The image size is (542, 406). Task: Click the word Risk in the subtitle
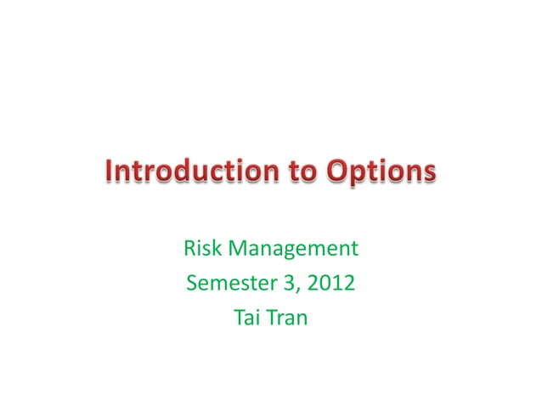click(x=201, y=250)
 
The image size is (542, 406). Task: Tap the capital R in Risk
click(x=189, y=250)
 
